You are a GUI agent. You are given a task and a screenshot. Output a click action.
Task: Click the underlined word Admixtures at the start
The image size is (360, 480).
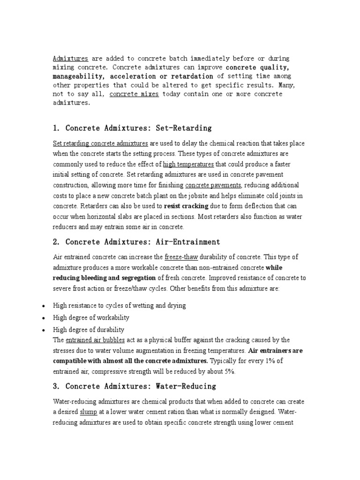[70, 59]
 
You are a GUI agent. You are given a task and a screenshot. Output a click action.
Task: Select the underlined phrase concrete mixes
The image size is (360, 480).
[134, 94]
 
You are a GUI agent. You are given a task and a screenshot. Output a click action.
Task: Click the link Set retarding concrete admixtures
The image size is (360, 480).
[101, 143]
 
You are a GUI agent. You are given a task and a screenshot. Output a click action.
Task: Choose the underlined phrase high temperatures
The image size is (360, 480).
[188, 165]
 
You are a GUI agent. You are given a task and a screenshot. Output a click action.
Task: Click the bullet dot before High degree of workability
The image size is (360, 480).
[43, 318]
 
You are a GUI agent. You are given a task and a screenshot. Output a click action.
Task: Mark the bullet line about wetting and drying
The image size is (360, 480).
[120, 305]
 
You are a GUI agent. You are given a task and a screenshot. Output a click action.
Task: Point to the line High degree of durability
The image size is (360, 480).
[89, 330]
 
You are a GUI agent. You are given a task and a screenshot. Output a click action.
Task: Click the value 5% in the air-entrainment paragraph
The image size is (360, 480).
[230, 371]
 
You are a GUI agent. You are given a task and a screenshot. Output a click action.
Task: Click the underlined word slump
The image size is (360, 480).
[88, 412]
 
